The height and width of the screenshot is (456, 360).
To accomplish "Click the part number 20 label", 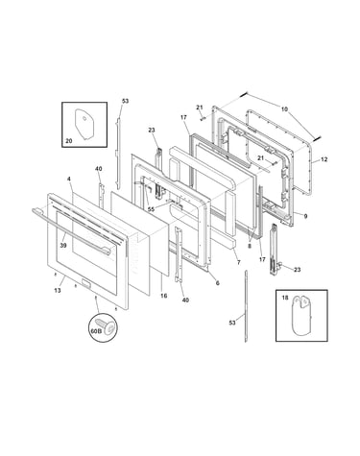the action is [69, 140].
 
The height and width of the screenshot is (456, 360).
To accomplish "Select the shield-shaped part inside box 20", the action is [84, 125].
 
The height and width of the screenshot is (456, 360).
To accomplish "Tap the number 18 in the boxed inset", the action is [285, 298].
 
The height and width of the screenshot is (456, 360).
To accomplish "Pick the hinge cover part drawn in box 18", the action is [301, 316].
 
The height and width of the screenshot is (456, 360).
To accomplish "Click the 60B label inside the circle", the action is [96, 331].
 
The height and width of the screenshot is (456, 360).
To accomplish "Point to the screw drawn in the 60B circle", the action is [107, 324].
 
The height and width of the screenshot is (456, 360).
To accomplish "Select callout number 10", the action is [284, 109].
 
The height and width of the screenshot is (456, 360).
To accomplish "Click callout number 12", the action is [324, 159].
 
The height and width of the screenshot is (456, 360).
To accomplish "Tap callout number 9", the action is [305, 216].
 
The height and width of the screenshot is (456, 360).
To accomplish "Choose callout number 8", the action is [250, 246].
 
